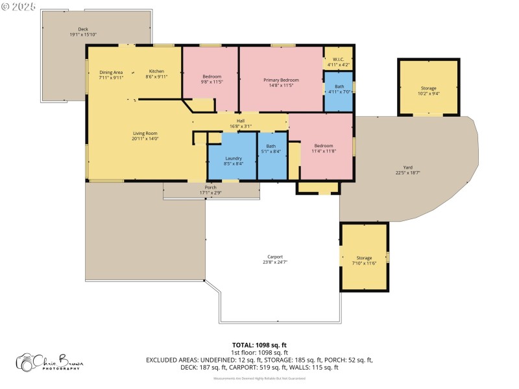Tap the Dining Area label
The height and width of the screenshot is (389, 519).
click(x=111, y=73)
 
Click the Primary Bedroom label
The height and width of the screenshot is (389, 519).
click(x=281, y=80)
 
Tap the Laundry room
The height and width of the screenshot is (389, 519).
click(x=234, y=160)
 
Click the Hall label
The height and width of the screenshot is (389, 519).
click(x=240, y=121)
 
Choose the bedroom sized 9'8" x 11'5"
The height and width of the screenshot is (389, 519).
click(x=210, y=78)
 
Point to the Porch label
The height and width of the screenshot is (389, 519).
click(x=211, y=189)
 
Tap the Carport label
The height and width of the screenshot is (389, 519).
click(x=275, y=258)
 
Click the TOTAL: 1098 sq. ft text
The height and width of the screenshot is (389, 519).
click(x=259, y=345)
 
